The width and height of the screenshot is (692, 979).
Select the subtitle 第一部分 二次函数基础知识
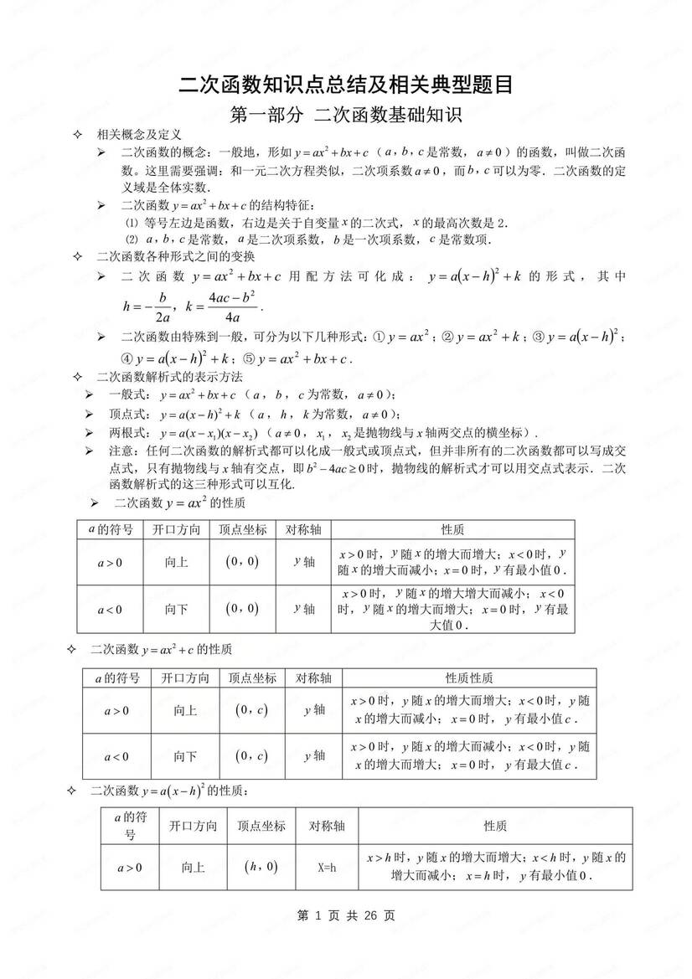click(346, 116)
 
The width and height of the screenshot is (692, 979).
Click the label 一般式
click(129, 394)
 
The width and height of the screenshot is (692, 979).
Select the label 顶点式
click(129, 415)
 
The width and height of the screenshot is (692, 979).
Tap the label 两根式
click(129, 433)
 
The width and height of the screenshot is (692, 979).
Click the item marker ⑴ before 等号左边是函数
click(131, 223)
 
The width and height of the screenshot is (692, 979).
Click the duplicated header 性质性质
click(469, 678)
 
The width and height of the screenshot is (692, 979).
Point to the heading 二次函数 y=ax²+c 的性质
click(161, 650)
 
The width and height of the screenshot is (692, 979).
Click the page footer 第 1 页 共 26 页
click(346, 915)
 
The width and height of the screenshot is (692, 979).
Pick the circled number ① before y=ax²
click(377, 337)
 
